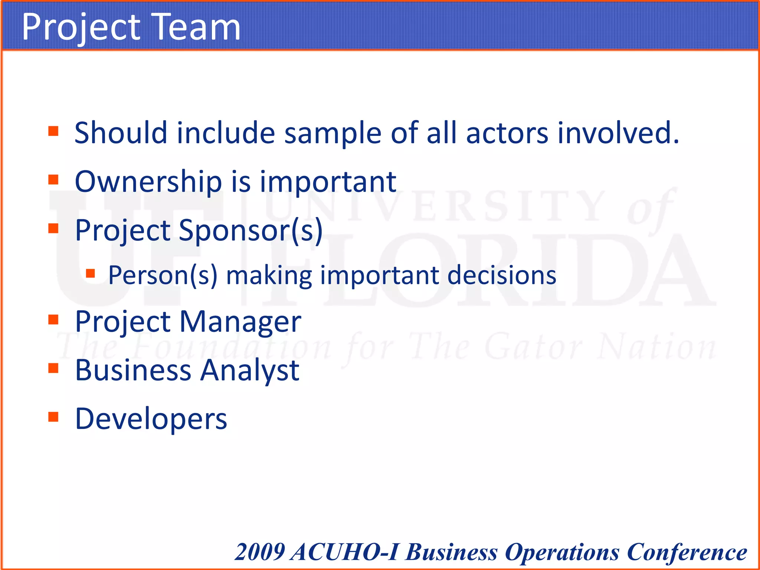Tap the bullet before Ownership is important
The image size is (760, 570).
click(53, 180)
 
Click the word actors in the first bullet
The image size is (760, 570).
click(507, 133)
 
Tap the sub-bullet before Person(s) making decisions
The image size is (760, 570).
click(91, 273)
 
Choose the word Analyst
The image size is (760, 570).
click(249, 371)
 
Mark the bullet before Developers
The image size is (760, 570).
click(53, 417)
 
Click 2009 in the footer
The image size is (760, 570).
click(260, 552)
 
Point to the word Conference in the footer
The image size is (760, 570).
click(687, 553)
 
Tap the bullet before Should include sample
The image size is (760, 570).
click(53, 131)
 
